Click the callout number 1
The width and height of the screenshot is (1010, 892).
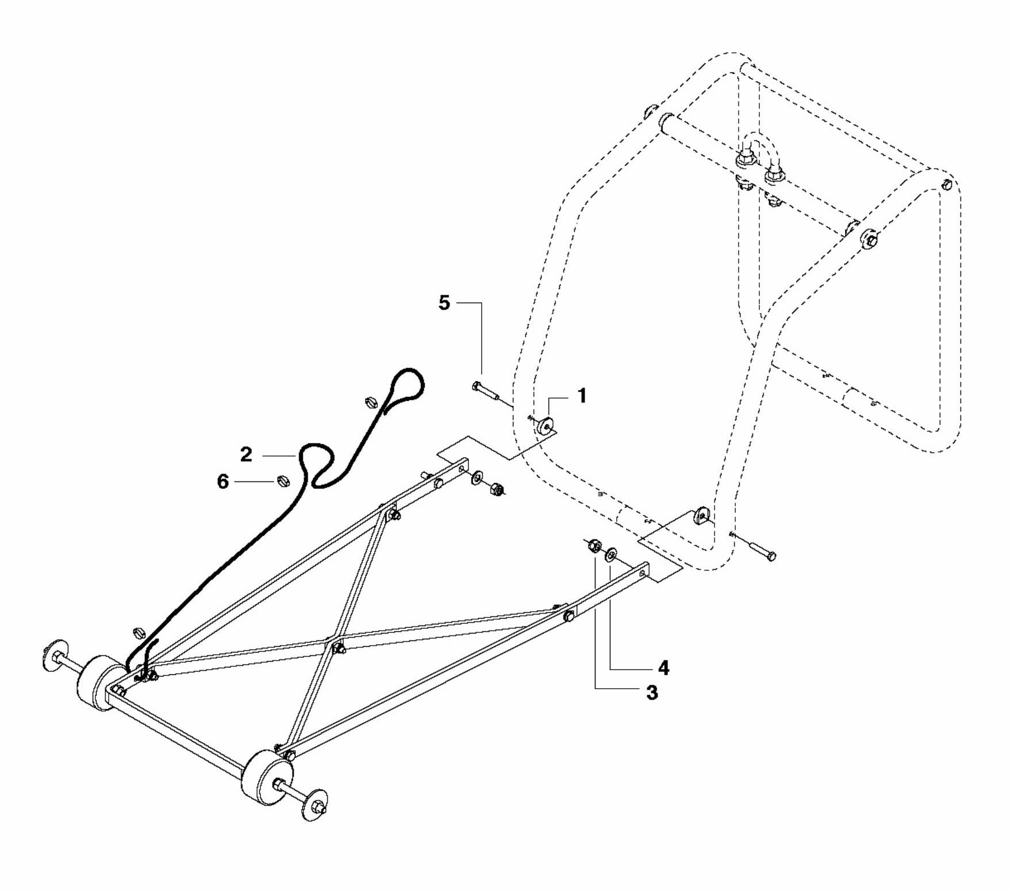point(582,396)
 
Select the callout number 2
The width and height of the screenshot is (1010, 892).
point(246,455)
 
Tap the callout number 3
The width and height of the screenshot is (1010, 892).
point(651,693)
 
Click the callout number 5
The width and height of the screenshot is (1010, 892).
point(444,303)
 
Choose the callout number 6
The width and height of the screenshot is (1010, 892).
point(223,481)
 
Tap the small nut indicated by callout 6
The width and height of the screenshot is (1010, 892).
point(282,480)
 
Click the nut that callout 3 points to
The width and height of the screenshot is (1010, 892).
point(594,546)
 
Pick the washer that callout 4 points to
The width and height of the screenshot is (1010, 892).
point(610,555)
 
